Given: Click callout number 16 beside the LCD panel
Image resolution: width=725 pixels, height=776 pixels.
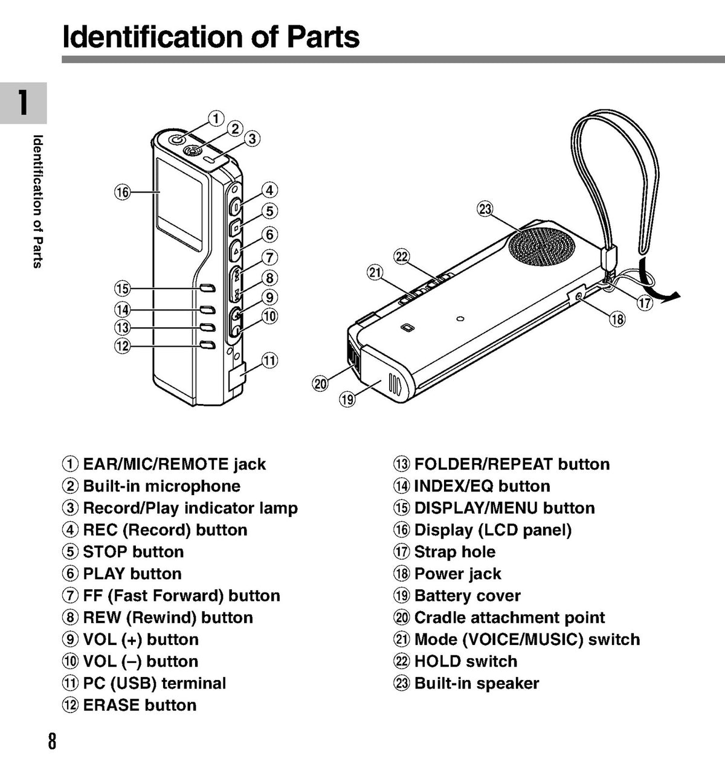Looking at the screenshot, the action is pos(123,192).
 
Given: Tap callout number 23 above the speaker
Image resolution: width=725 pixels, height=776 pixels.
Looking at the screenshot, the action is pos(485,209).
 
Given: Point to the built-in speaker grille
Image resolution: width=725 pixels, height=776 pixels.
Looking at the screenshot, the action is pos(541,247).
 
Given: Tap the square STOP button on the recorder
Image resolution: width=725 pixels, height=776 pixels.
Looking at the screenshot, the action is pos(236,228).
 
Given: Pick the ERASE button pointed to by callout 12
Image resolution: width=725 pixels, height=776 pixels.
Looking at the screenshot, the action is pos(207,345).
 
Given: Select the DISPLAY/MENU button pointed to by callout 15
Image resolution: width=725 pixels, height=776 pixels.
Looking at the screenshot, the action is pos(207,289).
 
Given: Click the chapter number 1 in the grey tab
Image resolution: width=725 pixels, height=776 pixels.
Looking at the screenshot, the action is pos(23,103).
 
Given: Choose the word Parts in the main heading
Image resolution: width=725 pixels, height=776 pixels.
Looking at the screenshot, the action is pos(323,37).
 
